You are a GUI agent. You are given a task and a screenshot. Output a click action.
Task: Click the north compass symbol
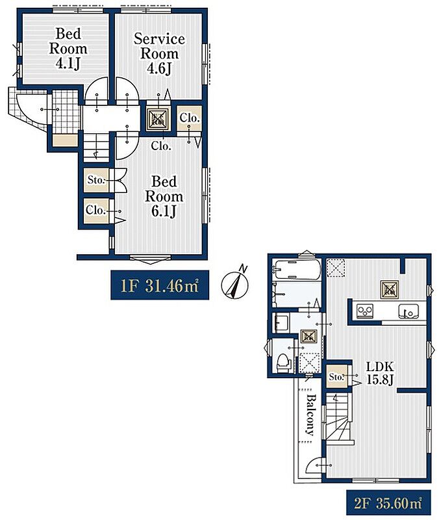click(235, 283)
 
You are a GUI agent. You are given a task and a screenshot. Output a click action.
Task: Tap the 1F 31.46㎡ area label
click(160, 285)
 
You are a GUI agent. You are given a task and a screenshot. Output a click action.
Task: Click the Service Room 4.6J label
click(159, 54)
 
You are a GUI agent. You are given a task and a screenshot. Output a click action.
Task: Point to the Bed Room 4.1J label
click(68, 49)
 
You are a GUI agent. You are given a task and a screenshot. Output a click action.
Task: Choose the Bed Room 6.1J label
click(164, 196)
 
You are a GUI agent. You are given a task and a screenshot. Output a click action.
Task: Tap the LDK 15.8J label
click(380, 372)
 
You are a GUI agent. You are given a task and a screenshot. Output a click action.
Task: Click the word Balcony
click(310, 415)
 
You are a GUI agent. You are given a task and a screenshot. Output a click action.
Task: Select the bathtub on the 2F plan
click(297, 269)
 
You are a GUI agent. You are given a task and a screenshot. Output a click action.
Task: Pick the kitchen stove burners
click(365, 311)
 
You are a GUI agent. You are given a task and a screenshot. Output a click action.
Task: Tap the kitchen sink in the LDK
click(408, 311)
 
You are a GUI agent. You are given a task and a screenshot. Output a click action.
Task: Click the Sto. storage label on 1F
click(96, 180)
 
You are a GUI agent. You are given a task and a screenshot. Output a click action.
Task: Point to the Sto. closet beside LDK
click(337, 377)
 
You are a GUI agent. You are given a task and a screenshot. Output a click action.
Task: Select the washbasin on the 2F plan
click(281, 322)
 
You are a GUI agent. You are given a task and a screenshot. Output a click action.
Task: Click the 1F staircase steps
click(95, 148)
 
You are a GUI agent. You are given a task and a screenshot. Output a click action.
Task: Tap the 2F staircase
click(338, 419)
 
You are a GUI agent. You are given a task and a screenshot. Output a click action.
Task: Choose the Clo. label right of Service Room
click(190, 118)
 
